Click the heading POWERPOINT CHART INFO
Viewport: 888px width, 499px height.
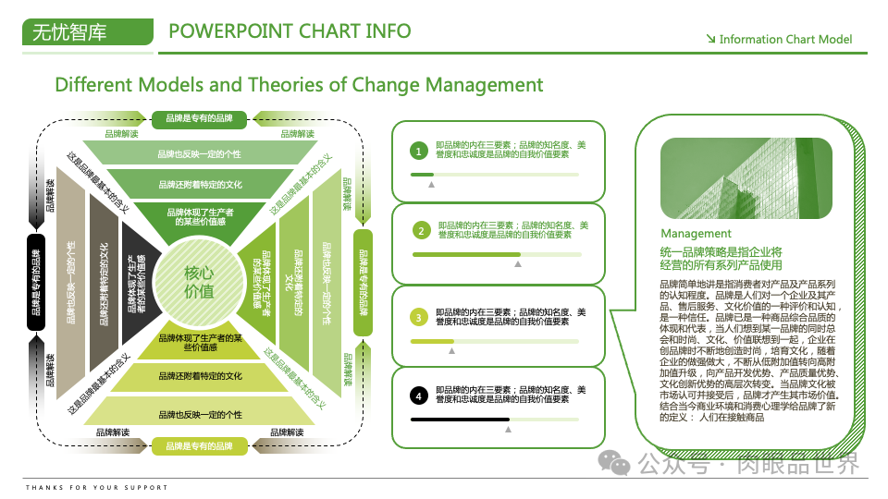click(x=290, y=31)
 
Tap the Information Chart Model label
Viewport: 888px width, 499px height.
click(x=784, y=40)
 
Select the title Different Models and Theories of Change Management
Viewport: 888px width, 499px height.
click(x=299, y=85)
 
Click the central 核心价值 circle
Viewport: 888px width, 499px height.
click(x=199, y=282)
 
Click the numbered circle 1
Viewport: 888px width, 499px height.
click(x=418, y=151)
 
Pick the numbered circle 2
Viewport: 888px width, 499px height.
click(x=422, y=230)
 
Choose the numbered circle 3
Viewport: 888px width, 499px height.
click(x=418, y=317)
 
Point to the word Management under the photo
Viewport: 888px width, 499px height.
click(x=696, y=234)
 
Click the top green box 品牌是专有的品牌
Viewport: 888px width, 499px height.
click(x=199, y=118)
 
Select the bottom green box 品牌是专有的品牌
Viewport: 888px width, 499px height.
click(x=199, y=446)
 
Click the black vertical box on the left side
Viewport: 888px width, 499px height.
click(x=36, y=282)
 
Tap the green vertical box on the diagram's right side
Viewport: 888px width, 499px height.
click(x=364, y=282)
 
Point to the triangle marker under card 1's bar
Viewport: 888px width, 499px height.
click(x=430, y=185)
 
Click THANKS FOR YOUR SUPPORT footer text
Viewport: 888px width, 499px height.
click(x=97, y=487)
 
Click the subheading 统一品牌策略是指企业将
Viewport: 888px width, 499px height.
click(x=721, y=251)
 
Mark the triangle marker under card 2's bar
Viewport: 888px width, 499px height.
click(x=518, y=264)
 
